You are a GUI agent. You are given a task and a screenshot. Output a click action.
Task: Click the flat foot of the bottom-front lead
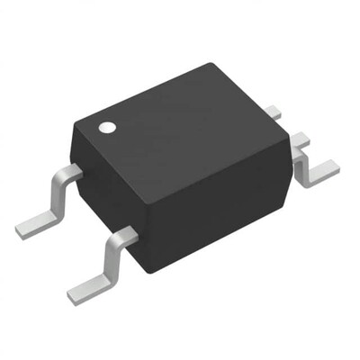(90, 286)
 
